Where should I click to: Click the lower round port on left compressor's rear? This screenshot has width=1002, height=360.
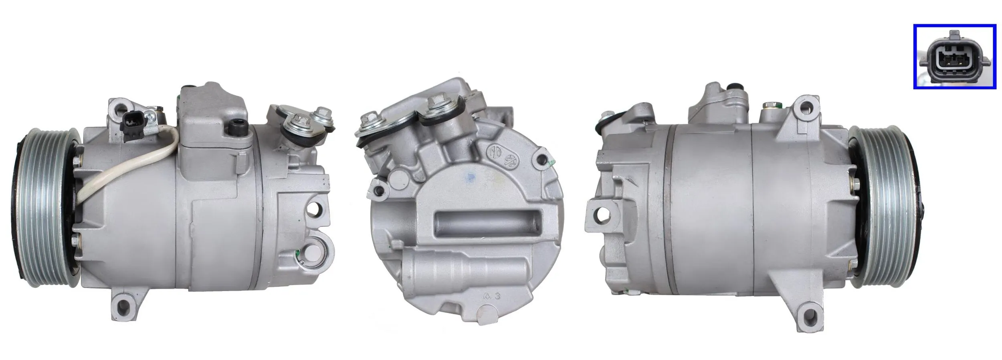point(315,253)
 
